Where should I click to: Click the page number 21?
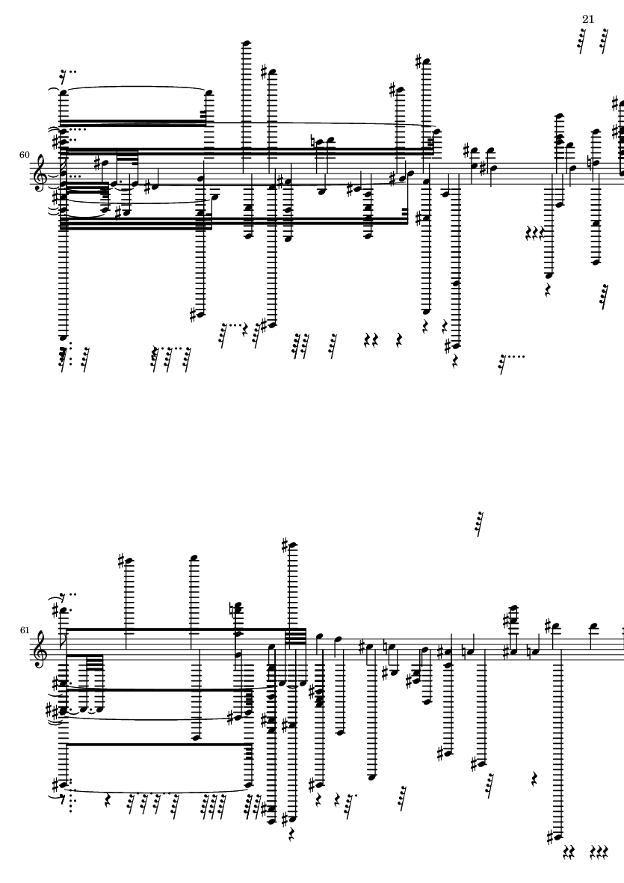[x=588, y=19]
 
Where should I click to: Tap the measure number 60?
[x=24, y=154]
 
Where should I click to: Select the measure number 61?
[x=24, y=630]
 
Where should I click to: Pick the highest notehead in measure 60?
[x=246, y=43]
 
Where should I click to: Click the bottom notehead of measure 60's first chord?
[x=63, y=339]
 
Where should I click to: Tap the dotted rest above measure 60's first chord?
[x=68, y=74]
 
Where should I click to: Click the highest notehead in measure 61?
[x=293, y=546]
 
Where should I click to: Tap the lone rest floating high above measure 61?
[x=479, y=523]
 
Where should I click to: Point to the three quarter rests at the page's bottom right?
[x=599, y=852]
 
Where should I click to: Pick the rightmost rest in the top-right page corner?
[x=604, y=40]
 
